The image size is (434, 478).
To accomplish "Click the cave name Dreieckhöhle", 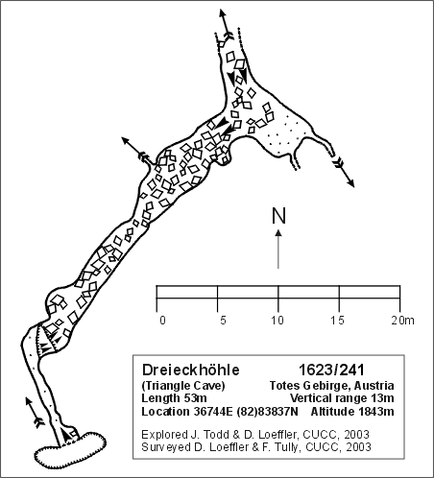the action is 191,370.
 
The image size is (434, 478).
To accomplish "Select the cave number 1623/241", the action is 331,370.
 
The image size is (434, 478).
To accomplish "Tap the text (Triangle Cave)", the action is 183,386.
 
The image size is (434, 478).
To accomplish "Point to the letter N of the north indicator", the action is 278,216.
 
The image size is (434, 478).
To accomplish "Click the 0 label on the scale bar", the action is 162,321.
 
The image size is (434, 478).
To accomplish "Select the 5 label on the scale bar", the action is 223,321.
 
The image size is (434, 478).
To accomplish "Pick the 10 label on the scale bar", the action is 277,321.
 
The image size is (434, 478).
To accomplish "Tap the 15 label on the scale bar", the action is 338,321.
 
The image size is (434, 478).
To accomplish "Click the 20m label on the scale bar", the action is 402,321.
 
